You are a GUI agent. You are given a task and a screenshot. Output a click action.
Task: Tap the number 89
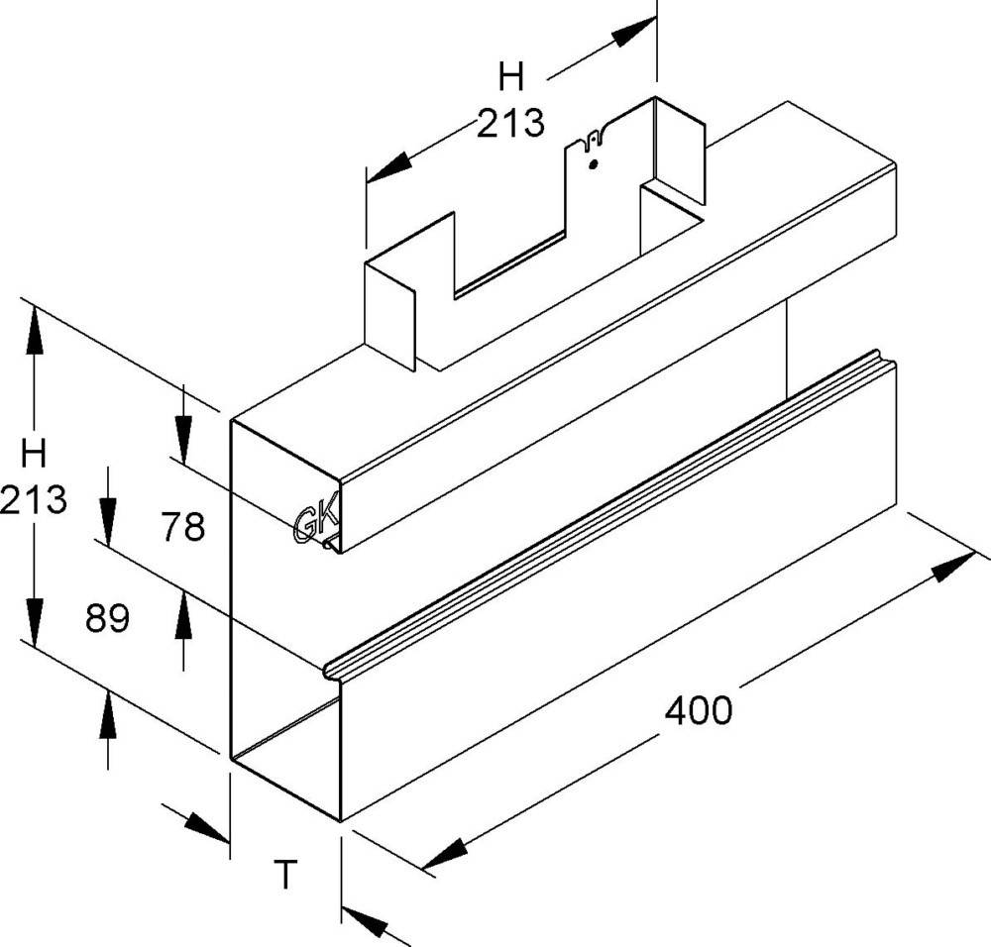108,619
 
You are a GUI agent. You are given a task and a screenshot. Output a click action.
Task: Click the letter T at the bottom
284,875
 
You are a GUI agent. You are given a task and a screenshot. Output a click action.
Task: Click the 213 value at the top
510,123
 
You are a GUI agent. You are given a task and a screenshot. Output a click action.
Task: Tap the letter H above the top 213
510,75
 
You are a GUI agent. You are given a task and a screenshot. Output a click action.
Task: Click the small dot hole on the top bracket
593,164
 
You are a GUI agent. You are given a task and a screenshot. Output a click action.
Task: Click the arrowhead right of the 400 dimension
953,567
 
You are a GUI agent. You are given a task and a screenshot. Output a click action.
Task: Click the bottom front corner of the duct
340,821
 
